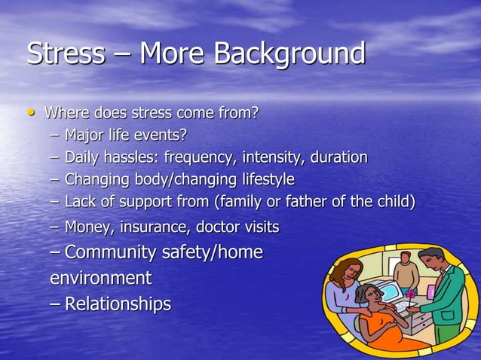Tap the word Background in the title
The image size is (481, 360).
(290, 54)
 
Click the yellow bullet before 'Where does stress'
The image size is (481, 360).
(31, 114)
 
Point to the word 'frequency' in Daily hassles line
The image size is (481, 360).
(207, 158)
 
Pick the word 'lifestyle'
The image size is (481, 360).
(263, 181)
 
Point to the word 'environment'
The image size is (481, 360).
(100, 278)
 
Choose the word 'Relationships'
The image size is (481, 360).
(118, 304)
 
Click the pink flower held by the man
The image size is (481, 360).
(411, 291)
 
